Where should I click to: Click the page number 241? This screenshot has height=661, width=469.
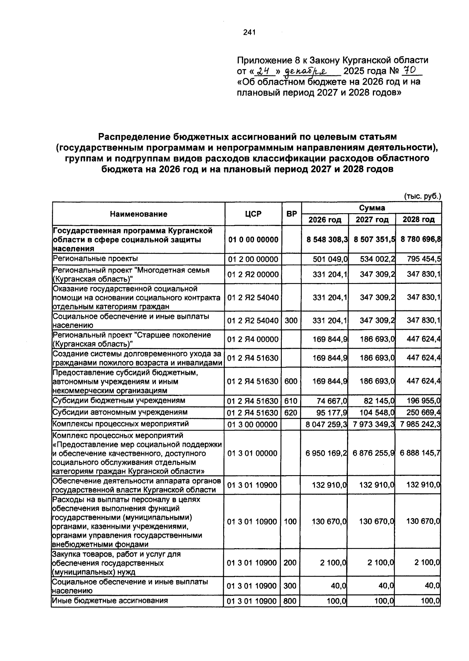click(x=249, y=32)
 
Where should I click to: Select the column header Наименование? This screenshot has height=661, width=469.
click(x=138, y=214)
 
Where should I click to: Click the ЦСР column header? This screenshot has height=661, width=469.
click(x=253, y=214)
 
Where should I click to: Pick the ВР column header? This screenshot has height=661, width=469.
click(x=291, y=214)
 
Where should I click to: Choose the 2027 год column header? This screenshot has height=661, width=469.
click(x=372, y=220)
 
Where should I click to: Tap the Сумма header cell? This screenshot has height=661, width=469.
click(x=372, y=208)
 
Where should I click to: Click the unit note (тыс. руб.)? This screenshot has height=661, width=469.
click(x=422, y=196)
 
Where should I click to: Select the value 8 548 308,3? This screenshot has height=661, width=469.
click(x=327, y=239)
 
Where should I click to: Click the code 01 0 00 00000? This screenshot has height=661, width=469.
click(x=253, y=239)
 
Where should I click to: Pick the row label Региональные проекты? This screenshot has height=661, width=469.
click(x=96, y=258)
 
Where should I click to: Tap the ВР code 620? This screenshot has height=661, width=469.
click(x=291, y=413)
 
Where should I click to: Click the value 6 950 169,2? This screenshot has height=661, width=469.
click(x=327, y=453)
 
